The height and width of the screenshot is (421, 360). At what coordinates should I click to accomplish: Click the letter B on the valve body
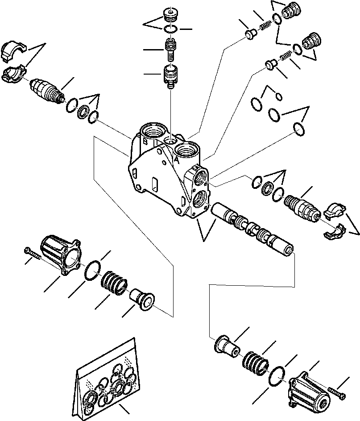click(x=145, y=142)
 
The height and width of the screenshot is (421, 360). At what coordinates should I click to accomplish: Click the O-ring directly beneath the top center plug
click(x=170, y=29)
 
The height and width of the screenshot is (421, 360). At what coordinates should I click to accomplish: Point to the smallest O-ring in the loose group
click(x=279, y=96)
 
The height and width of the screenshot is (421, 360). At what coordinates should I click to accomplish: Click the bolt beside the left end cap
click(x=32, y=253)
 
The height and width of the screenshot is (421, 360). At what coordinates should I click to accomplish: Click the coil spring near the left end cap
click(x=115, y=284)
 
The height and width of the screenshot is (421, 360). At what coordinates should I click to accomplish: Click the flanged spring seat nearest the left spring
click(x=141, y=299)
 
